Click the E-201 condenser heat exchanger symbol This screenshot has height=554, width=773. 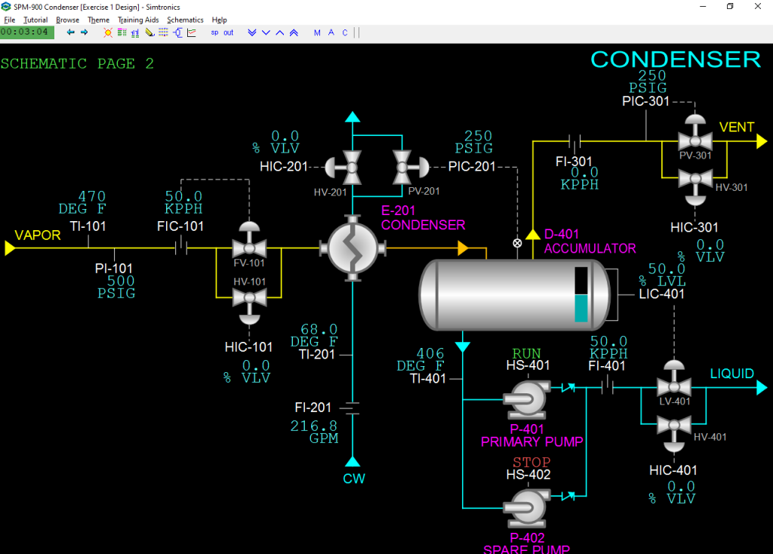353,248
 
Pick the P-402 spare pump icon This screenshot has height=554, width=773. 526,509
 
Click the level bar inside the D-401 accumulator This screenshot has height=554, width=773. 581,294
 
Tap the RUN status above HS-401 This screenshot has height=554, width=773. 526,353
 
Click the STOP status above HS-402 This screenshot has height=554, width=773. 531,463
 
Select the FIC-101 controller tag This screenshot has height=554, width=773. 180,226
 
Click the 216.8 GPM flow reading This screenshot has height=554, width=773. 314,432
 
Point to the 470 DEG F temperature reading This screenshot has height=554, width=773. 82,202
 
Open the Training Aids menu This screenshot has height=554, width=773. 138,20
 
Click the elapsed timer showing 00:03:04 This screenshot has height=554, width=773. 25,32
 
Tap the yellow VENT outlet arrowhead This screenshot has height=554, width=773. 762,141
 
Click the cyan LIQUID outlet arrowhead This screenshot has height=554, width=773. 762,388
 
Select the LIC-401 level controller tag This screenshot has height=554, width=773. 661,294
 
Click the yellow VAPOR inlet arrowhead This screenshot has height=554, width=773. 10,248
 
